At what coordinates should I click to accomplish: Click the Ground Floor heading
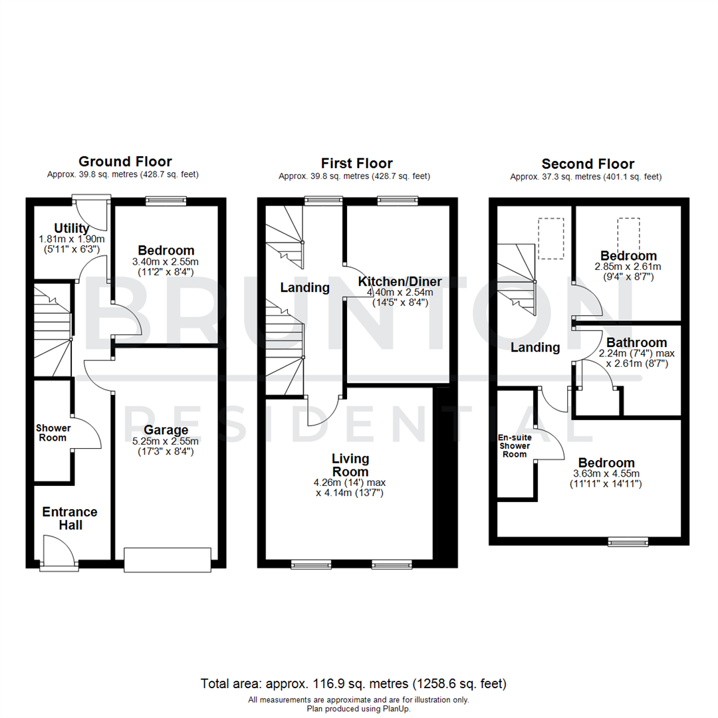(x=125, y=162)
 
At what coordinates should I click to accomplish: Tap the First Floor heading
(x=356, y=164)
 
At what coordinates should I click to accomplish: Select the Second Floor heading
(x=588, y=164)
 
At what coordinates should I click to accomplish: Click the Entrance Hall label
(x=70, y=519)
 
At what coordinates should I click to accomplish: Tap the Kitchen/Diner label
(x=400, y=281)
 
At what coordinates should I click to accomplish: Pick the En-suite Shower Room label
(x=515, y=446)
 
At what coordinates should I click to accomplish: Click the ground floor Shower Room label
(x=52, y=433)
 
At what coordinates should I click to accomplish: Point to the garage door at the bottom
(x=168, y=559)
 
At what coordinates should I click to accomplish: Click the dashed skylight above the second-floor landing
(x=550, y=238)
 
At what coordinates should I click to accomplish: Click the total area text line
(x=354, y=683)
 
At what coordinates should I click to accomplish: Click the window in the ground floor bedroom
(x=166, y=200)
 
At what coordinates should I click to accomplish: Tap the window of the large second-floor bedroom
(x=628, y=542)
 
